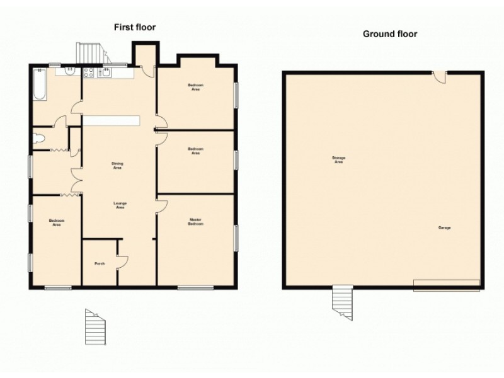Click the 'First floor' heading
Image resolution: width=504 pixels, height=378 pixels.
134,27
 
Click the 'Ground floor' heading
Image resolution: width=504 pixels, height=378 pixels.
389,34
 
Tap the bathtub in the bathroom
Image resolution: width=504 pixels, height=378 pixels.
39,85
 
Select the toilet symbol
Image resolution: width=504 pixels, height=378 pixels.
39,138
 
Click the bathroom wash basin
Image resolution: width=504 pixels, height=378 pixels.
67,72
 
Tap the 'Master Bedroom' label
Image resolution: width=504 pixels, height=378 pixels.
196,222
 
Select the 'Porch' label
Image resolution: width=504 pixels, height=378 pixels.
99,263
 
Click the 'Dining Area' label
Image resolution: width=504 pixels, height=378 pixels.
117,166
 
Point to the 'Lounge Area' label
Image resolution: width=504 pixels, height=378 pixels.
119,205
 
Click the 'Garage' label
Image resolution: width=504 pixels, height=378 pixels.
445,227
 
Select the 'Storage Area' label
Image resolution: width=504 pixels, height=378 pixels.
338,159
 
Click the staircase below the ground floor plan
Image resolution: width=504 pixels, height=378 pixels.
342,302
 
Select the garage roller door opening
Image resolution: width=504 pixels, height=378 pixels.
446,285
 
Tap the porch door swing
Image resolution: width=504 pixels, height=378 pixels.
122,261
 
